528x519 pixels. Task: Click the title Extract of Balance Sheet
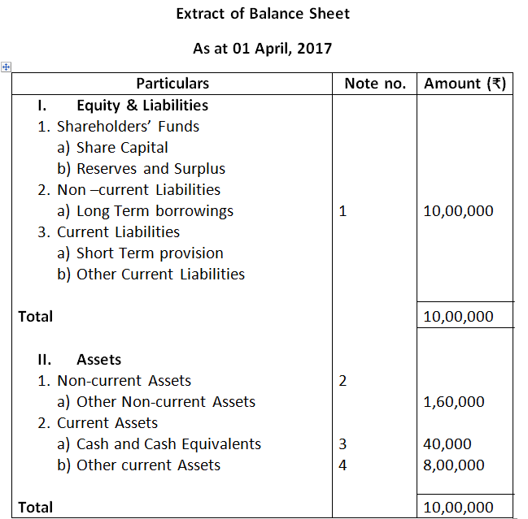263,14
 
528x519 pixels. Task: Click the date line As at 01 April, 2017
262,49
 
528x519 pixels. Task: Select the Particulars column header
172,84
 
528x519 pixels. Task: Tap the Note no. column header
375,84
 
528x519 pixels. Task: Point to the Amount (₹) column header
465,84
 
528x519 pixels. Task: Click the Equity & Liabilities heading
142,105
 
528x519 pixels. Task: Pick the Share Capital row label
122,148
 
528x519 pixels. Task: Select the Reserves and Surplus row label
151,169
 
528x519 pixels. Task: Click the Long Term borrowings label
155,211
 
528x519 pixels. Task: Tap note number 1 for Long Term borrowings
343,211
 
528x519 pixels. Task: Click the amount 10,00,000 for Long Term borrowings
459,211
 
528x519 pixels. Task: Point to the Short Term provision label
150,253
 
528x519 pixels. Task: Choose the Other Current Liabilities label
160,275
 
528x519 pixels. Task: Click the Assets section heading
98,360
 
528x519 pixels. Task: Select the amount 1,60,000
455,402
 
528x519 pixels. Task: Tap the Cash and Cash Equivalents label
168,444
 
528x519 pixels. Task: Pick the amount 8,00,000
455,465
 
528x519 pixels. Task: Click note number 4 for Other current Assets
343,465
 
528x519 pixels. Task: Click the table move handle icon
6,67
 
